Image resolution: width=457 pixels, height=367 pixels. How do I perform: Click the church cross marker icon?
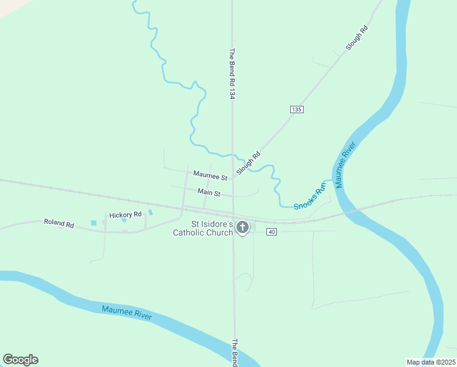pos(242,228)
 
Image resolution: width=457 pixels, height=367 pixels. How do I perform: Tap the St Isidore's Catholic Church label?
pos(203,228)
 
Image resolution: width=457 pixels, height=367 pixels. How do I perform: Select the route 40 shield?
pos(272,231)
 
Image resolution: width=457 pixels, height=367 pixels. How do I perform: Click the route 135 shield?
pos(296,109)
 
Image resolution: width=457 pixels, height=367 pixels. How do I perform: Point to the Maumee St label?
pos(210,176)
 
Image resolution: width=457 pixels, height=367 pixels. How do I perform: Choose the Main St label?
pos(209,192)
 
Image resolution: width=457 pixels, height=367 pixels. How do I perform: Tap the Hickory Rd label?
pos(125,215)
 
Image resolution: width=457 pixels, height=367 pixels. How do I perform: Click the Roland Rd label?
pos(59,223)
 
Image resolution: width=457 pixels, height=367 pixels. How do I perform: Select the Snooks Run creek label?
pos(310,197)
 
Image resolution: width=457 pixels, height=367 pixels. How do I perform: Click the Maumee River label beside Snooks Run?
pos(345,165)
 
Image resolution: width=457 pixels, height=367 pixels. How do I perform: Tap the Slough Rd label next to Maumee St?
pos(248,163)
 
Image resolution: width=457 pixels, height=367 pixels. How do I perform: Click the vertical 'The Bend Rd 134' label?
pos(232,74)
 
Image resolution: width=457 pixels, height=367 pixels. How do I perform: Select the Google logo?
pos(20,360)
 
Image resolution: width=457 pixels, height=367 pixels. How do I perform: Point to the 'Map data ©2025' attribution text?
pos(431,362)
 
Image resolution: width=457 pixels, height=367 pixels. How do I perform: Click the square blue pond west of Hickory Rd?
pos(93,223)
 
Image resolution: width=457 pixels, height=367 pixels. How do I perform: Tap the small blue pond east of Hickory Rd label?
pos(150,212)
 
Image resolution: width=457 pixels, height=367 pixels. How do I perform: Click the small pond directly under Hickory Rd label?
pos(124,220)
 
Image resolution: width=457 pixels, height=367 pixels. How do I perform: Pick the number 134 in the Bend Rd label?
pos(232,92)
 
